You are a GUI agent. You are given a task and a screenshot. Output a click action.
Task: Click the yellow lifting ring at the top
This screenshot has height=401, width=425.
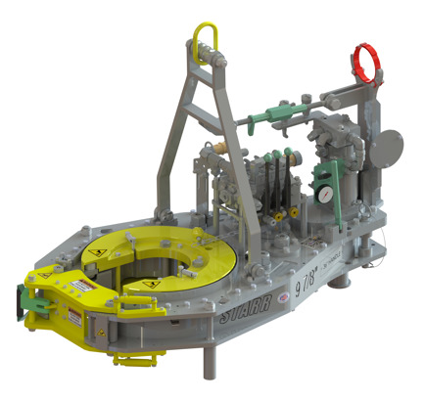tap(207, 40)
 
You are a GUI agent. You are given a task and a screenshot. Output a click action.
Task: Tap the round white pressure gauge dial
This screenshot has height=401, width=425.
tap(323, 196)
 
